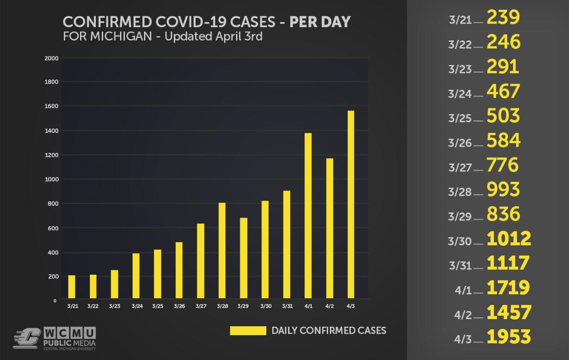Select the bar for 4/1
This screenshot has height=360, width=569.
[308, 216]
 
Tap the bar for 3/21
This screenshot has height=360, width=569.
[72, 287]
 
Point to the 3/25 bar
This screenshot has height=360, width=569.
[157, 274]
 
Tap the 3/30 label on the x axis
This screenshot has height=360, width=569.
[265, 306]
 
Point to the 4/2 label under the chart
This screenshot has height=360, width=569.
[329, 306]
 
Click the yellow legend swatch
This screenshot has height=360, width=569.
[247, 331]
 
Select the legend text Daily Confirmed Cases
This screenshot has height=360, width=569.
[329, 331]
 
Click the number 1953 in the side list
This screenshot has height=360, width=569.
[509, 337]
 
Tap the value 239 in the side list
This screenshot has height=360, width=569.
[503, 17]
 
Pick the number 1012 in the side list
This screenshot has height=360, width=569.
[509, 239]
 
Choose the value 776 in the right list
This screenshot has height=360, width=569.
[503, 165]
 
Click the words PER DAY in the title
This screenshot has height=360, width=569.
[320, 22]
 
